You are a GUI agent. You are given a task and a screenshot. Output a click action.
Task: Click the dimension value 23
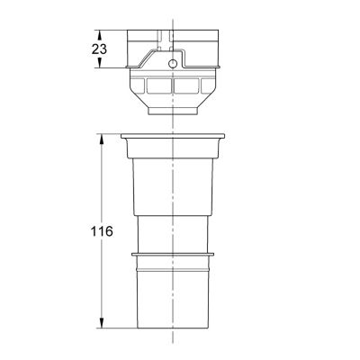[x=99, y=49]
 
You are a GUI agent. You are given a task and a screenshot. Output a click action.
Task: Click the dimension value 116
[x=102, y=231]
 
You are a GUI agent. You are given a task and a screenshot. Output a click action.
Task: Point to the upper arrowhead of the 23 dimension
[x=100, y=34]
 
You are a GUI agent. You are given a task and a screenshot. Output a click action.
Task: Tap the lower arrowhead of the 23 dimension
[x=100, y=63]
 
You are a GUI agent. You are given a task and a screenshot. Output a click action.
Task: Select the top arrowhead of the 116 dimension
[x=102, y=139]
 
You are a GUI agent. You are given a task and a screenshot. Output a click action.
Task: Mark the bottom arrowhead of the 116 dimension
[x=102, y=323]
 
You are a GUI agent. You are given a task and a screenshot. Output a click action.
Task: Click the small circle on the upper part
[x=172, y=64]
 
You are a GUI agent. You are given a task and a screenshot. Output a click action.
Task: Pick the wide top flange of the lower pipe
[x=173, y=136]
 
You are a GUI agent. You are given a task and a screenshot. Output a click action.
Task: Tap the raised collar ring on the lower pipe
[x=173, y=255]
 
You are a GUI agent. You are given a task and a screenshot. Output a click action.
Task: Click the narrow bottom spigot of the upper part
[x=173, y=112]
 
